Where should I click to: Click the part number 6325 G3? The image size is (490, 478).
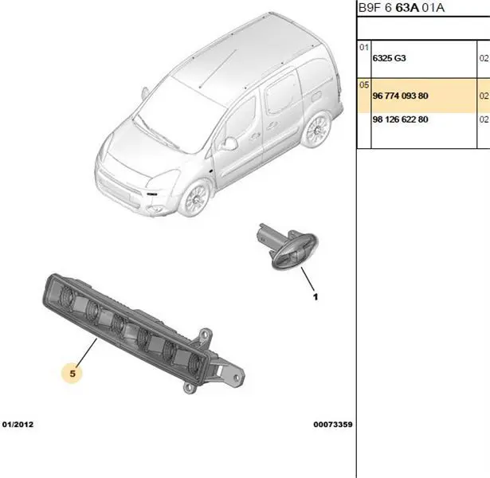click(x=389, y=58)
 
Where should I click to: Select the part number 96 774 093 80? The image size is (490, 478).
click(x=400, y=96)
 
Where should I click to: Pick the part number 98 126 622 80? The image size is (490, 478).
click(x=400, y=119)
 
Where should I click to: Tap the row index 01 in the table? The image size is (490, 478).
click(x=364, y=48)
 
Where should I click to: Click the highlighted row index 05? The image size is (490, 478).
click(x=364, y=85)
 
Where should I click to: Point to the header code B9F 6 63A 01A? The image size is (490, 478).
click(x=402, y=7)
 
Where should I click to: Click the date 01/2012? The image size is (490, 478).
click(x=18, y=425)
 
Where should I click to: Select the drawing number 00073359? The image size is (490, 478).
click(x=333, y=425)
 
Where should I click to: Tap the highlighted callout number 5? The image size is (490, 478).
click(x=73, y=374)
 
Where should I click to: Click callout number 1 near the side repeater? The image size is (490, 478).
click(x=316, y=296)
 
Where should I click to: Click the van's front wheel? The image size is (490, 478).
click(x=197, y=198)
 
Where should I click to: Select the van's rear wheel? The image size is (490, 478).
click(x=316, y=129)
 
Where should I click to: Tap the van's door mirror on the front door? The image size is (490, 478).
click(x=229, y=143)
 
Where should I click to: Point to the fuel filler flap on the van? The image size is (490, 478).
click(x=316, y=96)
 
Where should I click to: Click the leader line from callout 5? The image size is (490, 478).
click(x=86, y=352)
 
